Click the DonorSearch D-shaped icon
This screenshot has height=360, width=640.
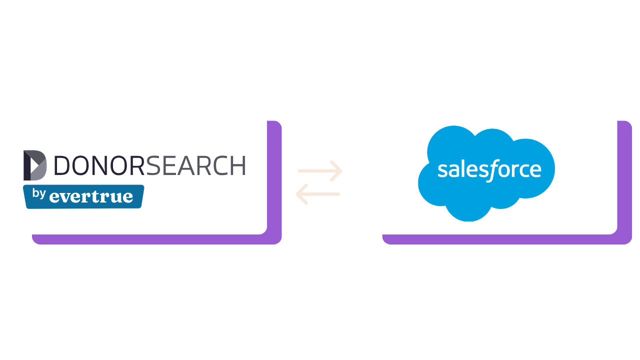(35, 165)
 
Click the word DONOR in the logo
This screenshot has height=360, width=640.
(99, 165)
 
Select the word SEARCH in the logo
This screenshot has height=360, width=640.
(195, 165)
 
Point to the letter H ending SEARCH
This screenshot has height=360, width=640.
(238, 165)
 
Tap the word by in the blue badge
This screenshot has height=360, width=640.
(39, 193)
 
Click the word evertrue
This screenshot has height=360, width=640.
(91, 196)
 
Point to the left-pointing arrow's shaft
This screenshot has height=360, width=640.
(319, 194)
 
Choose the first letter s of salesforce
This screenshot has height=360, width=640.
(442, 170)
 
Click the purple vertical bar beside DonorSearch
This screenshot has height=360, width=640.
(274, 177)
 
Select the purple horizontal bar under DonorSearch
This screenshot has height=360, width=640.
(156, 239)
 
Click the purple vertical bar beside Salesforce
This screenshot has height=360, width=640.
(624, 177)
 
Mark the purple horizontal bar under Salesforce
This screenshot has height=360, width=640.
(507, 239)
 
